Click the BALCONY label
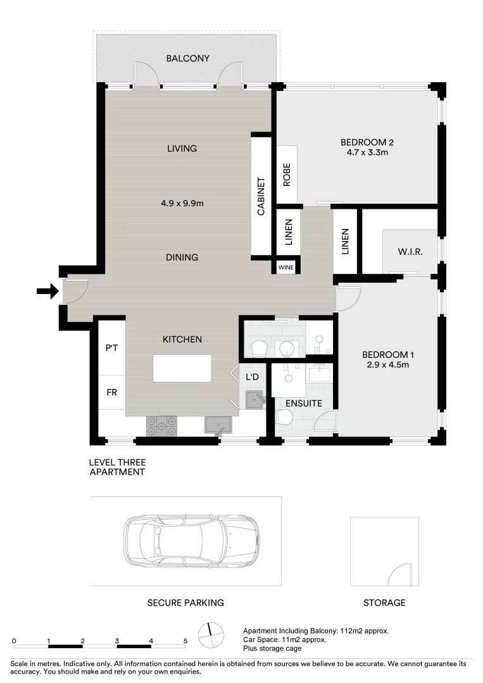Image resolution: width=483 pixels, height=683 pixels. [187, 58]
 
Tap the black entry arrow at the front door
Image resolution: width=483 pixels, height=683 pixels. [46, 291]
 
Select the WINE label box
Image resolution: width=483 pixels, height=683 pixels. [285, 268]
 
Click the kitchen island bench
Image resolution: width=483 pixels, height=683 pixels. [182, 368]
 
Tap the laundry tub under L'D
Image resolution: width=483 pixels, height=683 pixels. [254, 398]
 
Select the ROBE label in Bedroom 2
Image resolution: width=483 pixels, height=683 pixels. [287, 175]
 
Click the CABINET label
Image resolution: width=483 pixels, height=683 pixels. [261, 197]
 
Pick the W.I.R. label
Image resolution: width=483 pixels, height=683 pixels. [410, 252]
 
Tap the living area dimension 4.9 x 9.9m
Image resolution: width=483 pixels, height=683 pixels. [182, 203]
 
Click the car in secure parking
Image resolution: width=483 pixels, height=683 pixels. [191, 542]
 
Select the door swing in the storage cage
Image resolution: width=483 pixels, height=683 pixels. [401, 574]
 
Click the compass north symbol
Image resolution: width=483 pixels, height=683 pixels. [210, 632]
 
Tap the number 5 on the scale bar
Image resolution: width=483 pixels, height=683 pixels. [185, 640]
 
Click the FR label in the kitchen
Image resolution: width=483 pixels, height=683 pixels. [111, 392]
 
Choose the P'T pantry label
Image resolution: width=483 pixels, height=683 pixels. [112, 348]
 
